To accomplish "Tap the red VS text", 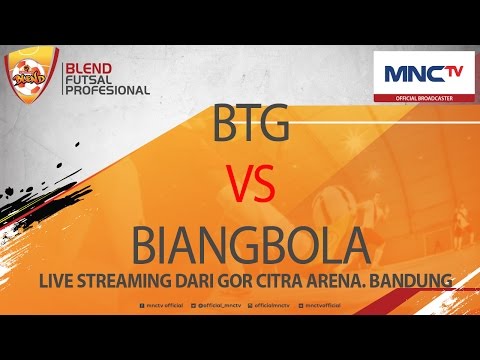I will [x=239, y=186].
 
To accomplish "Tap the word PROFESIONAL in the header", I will [x=107, y=89].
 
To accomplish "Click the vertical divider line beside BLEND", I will [x=59, y=78].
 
